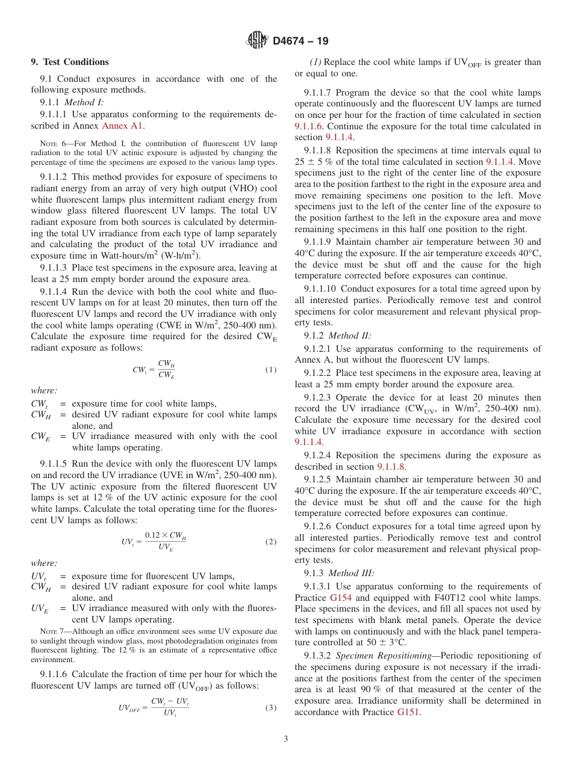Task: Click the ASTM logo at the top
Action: coord(257,40)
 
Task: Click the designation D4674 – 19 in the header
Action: coord(300,41)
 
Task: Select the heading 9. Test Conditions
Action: coord(70,62)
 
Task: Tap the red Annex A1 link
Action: coord(123,126)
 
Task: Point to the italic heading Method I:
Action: coord(84,102)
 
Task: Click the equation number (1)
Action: coord(271,370)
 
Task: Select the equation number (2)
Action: coord(271,541)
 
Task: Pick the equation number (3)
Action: coord(271,707)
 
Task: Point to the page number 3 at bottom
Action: coord(286,739)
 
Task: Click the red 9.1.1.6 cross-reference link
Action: coord(308,126)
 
